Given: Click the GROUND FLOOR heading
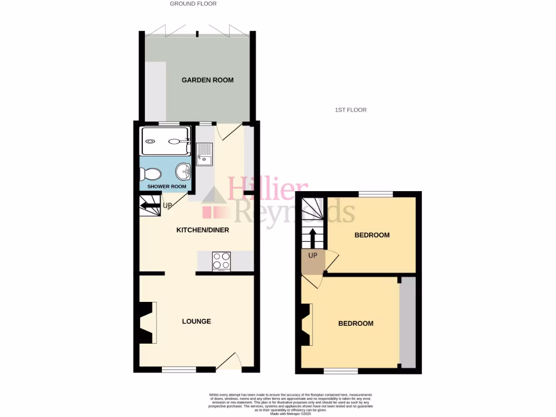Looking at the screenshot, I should [193, 4].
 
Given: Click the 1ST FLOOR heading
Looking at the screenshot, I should [350, 110].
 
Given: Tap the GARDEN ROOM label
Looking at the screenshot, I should [207, 80].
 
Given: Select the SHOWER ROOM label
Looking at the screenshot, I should [167, 187].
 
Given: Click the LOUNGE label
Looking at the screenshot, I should [196, 321].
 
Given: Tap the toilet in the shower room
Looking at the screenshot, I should [150, 174].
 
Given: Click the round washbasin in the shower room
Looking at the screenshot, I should [184, 172].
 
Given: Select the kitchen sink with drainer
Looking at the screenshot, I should [205, 154].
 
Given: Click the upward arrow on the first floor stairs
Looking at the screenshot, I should [313, 238].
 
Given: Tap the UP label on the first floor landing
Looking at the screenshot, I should [313, 255].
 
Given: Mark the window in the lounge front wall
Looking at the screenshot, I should [179, 370].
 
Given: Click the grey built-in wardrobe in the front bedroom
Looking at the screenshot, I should [407, 321].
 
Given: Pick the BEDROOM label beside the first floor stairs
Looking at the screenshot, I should [372, 235].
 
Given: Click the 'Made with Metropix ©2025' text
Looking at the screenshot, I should [290, 413].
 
